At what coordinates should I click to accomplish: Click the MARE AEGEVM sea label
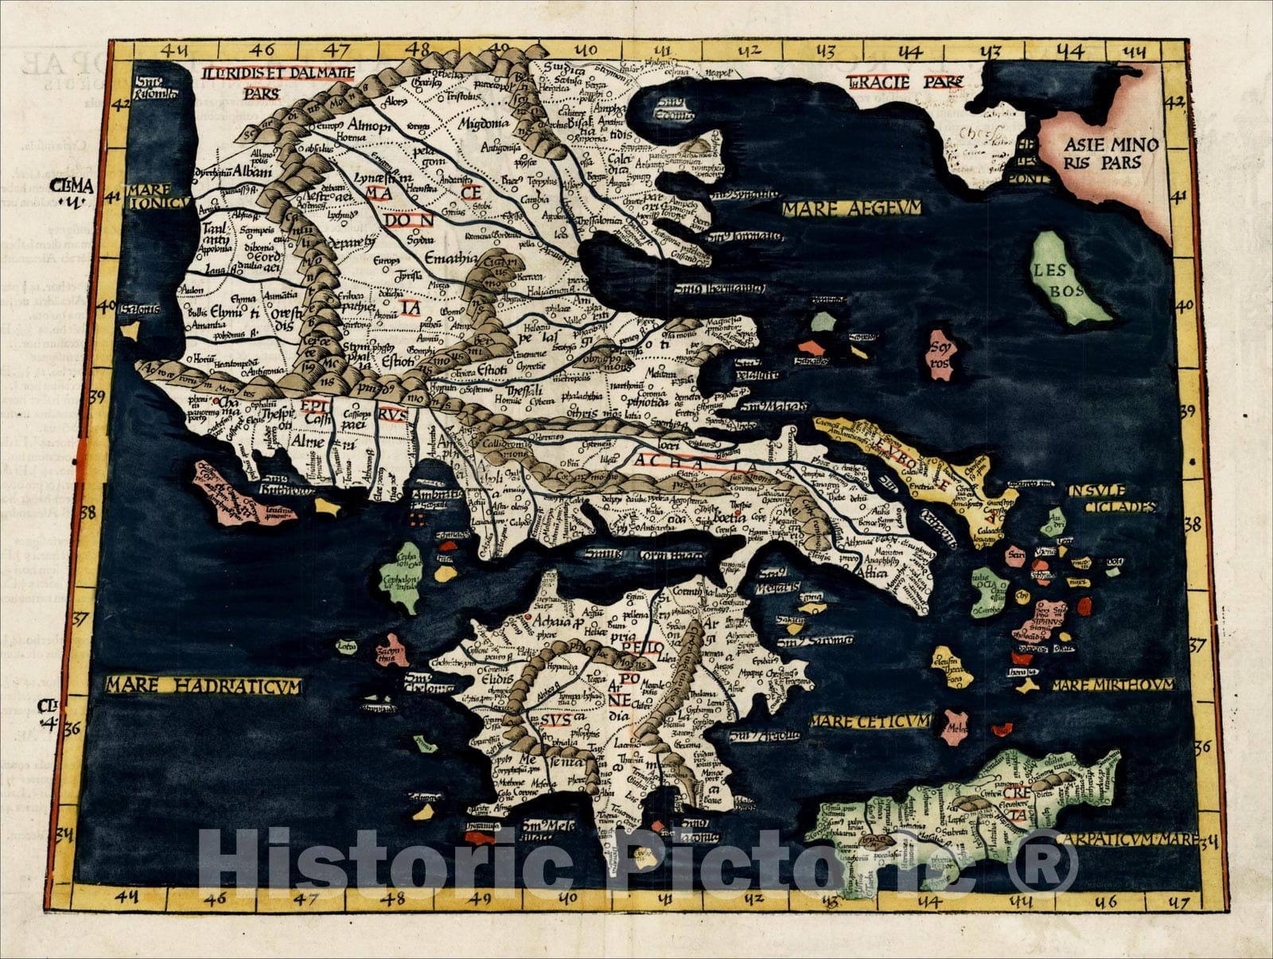[851, 209]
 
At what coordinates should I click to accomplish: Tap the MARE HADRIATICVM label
[204, 685]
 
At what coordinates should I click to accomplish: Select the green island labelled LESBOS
[1067, 278]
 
